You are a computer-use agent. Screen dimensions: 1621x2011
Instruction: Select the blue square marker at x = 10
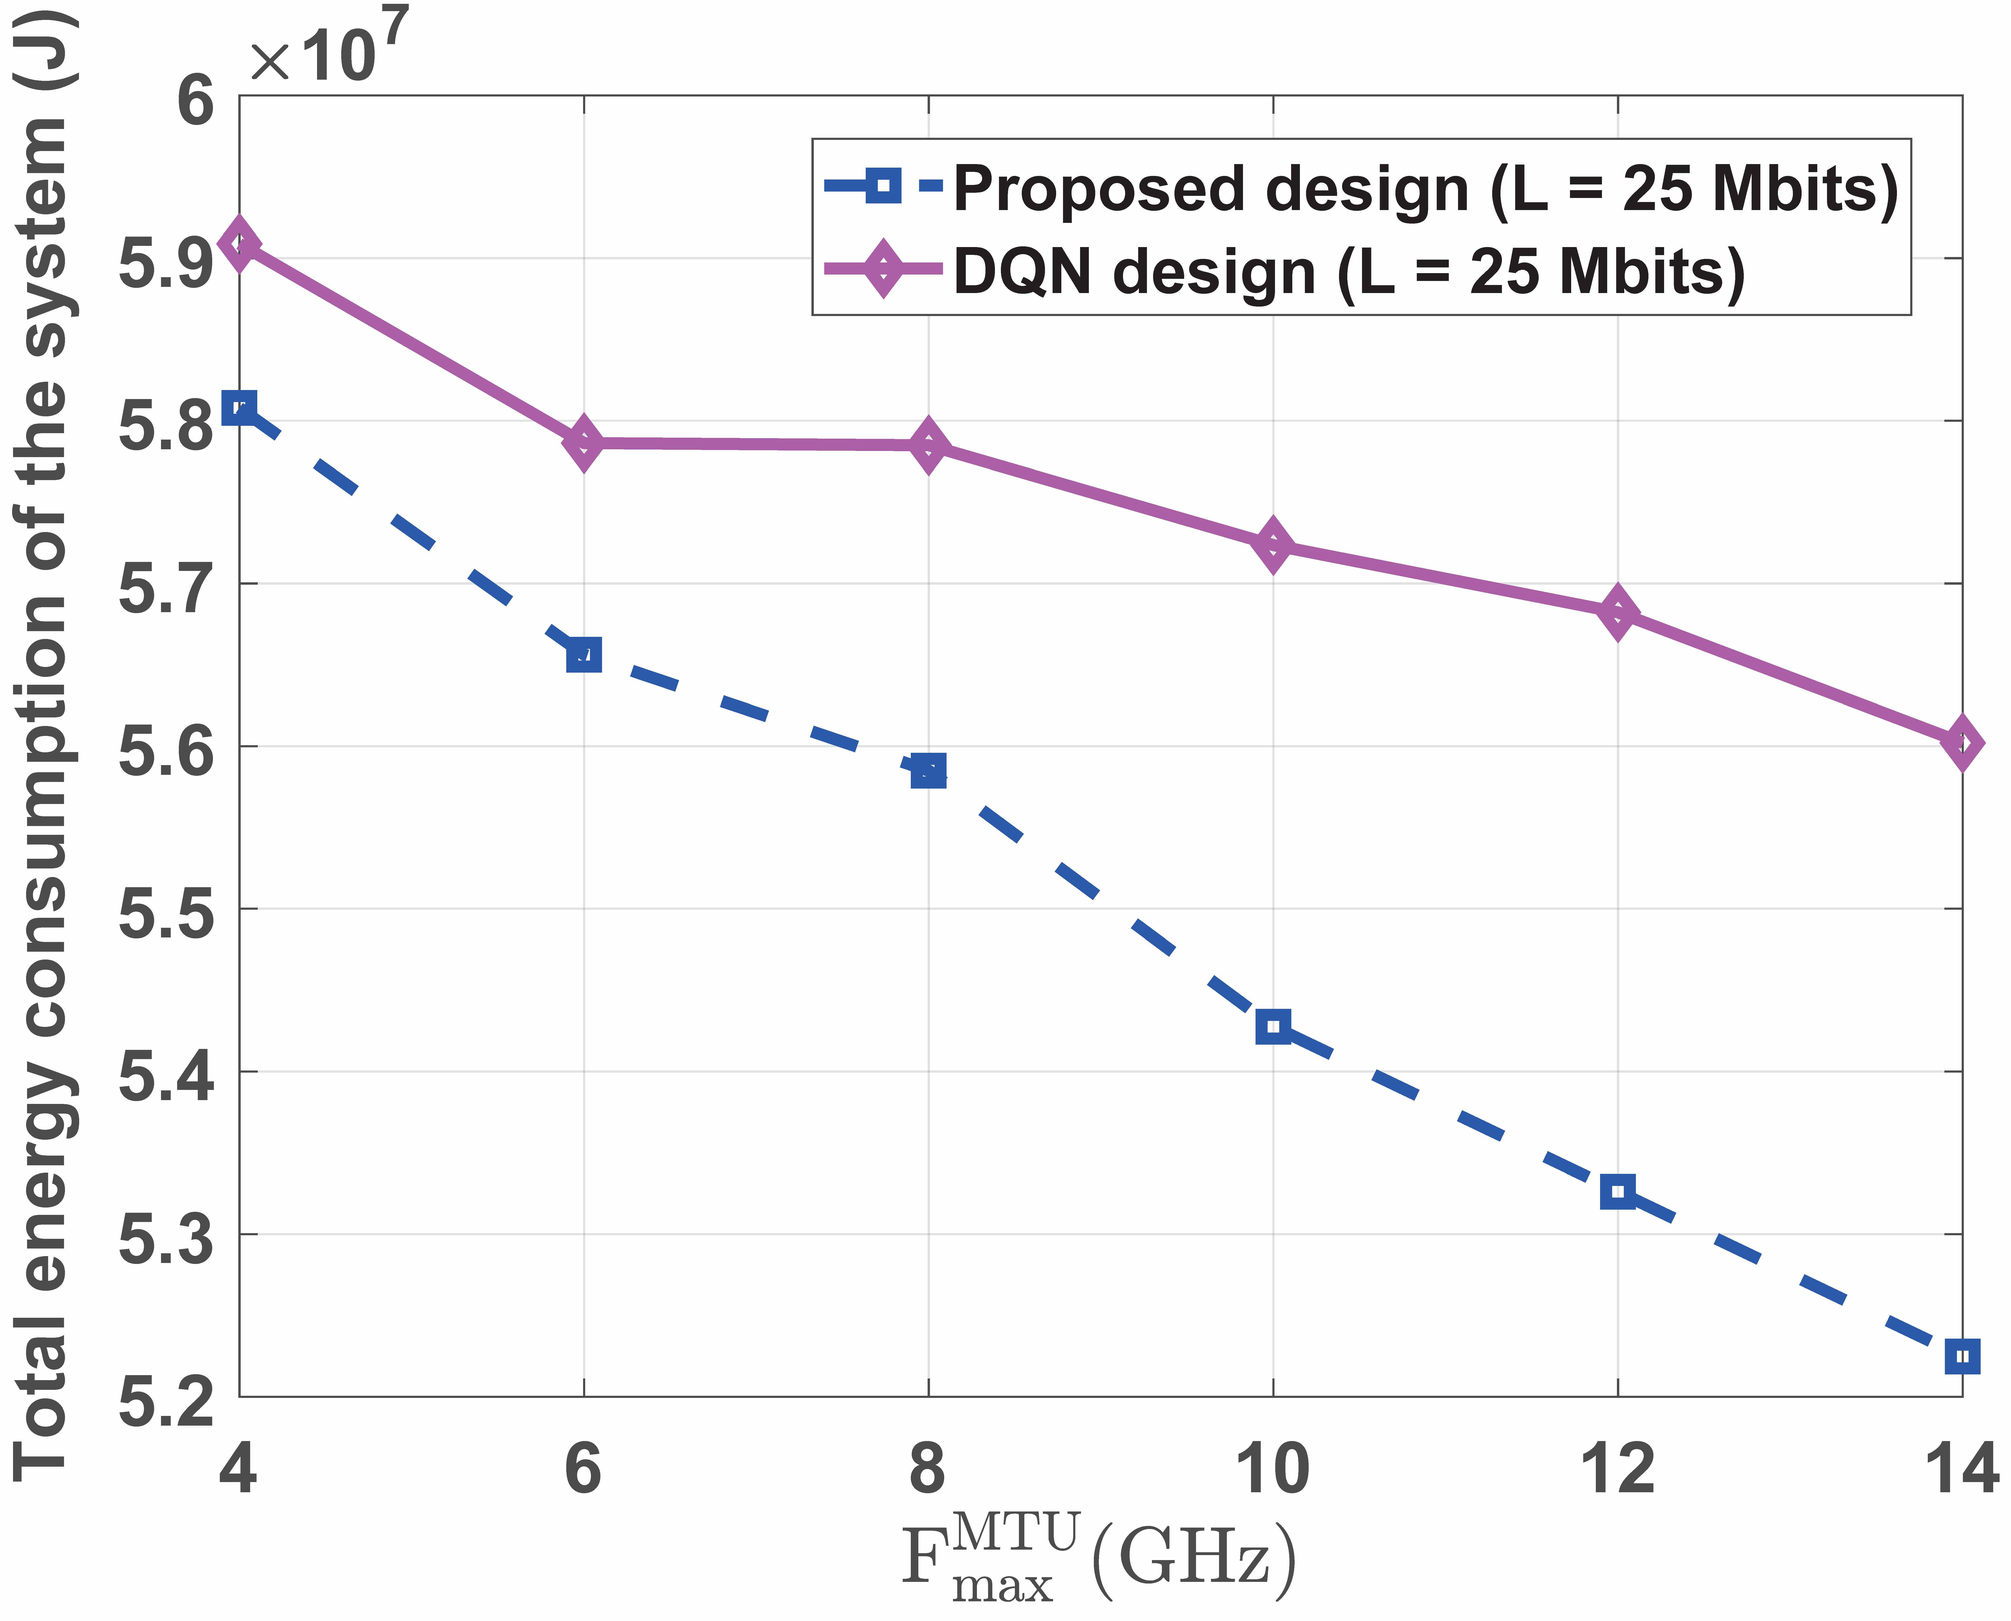pyautogui.click(x=1274, y=1026)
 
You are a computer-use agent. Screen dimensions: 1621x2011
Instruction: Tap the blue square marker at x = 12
pyautogui.click(x=1618, y=1191)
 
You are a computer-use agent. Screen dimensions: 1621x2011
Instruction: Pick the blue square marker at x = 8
pyautogui.click(x=928, y=770)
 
